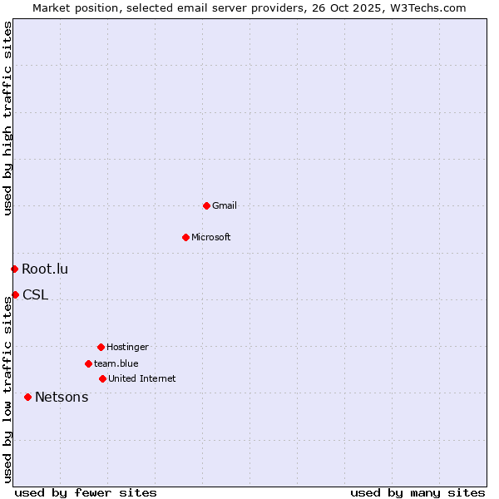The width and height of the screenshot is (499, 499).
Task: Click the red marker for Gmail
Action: point(206,205)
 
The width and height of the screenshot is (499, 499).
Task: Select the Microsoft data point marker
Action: point(185,237)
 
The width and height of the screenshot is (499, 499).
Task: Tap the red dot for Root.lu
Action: point(14,269)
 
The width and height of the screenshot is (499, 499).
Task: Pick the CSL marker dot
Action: point(15,294)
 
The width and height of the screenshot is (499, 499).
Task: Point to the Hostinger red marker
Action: point(101,347)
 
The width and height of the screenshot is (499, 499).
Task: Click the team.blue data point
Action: point(88,363)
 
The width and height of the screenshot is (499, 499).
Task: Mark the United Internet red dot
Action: point(102,378)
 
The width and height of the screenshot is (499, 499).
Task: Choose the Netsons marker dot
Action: point(27,397)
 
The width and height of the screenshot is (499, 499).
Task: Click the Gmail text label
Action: point(225,205)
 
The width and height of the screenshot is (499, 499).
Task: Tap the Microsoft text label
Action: point(211,237)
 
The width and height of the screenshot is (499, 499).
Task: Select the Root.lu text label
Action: point(45,269)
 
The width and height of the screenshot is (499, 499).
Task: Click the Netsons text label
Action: point(62,397)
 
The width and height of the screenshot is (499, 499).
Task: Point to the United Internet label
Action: point(142,378)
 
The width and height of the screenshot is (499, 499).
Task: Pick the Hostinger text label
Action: point(127,347)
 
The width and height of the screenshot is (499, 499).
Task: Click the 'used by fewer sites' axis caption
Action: point(86,492)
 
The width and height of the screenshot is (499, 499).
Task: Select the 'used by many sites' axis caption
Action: point(417,492)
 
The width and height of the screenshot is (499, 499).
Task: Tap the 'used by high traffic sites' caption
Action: point(7,118)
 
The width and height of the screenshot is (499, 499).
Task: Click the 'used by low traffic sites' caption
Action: point(7,387)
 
